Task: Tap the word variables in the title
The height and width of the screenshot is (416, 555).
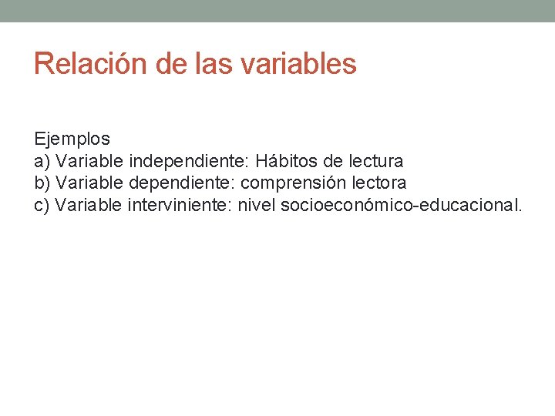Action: coord(298,63)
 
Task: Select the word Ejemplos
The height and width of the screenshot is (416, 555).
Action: coord(72,139)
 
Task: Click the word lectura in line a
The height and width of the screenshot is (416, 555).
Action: coord(376,162)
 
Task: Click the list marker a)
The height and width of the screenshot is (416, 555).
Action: coord(43,162)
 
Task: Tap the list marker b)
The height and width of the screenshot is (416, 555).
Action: coord(43,183)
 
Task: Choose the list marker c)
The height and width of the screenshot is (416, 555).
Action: coord(43,205)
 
